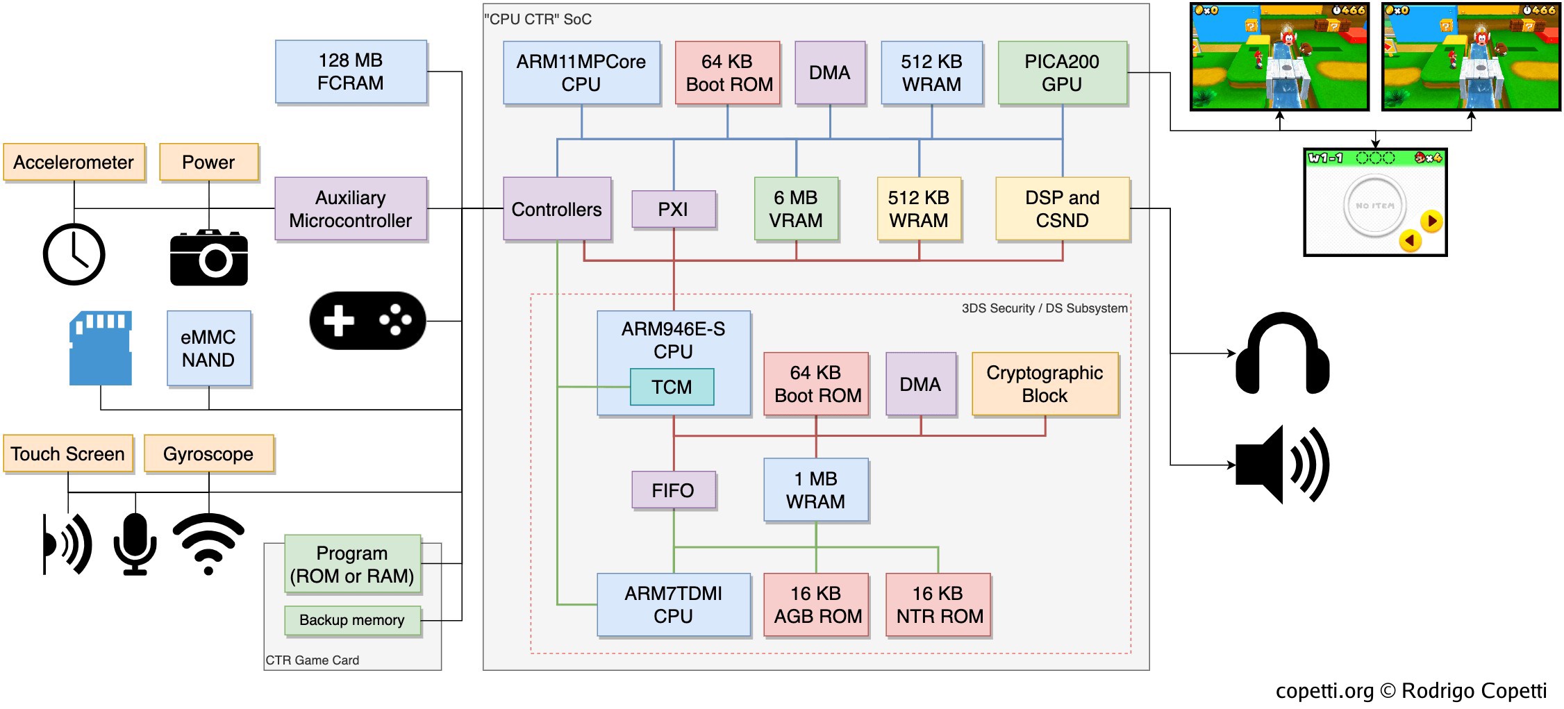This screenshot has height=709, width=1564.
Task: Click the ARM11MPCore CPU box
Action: tap(581, 73)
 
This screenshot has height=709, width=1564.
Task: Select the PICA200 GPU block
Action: tap(1062, 73)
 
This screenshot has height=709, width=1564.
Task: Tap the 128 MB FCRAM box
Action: tap(351, 72)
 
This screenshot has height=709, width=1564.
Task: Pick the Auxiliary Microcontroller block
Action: tap(351, 209)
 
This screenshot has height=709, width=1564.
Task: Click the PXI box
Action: tap(673, 209)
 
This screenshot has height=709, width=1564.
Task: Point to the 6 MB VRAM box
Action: tap(796, 209)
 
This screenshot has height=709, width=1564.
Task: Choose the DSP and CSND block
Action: tap(1062, 209)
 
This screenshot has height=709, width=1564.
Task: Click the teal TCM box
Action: tap(672, 387)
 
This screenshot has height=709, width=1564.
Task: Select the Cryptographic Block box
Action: tap(1045, 384)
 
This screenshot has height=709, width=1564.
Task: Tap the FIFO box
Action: tap(673, 490)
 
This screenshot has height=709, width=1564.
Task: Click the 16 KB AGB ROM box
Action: tap(816, 605)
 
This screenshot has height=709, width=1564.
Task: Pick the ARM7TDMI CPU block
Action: tap(673, 605)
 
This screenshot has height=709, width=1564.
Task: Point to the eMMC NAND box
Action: tap(208, 349)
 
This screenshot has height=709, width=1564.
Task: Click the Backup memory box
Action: tap(352, 620)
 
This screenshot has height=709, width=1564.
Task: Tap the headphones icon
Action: tap(1282, 353)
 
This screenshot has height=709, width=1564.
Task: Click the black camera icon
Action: tap(209, 258)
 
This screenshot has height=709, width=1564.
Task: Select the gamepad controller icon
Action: tap(367, 321)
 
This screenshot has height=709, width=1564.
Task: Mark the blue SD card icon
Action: tap(101, 348)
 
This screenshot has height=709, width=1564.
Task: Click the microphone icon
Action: tap(135, 544)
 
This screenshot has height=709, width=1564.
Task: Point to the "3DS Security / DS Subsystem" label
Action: tap(1044, 308)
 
